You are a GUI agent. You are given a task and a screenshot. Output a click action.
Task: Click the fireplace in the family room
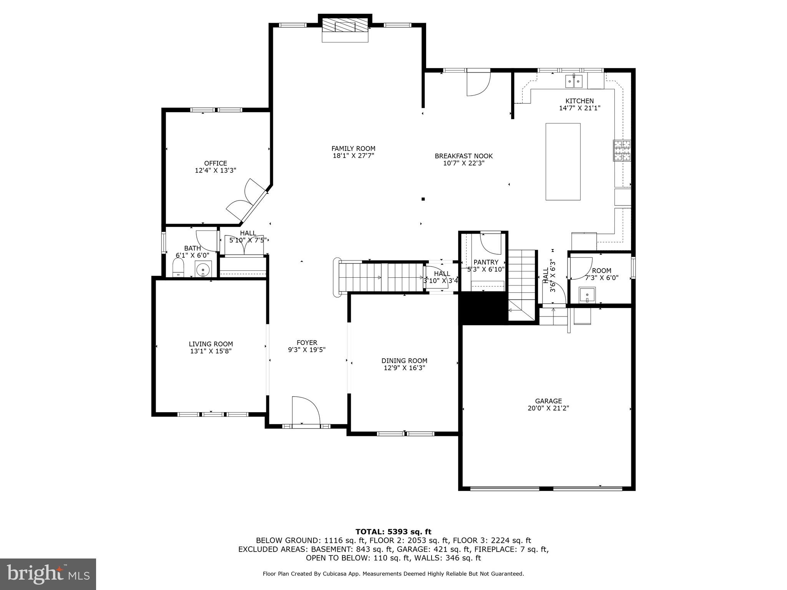tap(345, 27)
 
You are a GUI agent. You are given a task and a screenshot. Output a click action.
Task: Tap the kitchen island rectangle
tap(563, 162)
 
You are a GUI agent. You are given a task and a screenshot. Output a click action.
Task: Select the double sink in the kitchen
tap(574, 81)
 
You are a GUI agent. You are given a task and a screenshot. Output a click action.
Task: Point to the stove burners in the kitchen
tap(621, 151)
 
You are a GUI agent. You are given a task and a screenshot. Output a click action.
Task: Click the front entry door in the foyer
tap(306, 412)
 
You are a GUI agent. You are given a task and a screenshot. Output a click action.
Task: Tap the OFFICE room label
tap(215, 163)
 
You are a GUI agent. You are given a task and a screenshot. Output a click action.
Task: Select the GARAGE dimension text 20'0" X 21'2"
tap(548, 408)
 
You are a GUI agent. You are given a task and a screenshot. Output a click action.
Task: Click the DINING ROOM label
tap(404, 361)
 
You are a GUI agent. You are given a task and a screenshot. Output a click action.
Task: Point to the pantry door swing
tap(491, 244)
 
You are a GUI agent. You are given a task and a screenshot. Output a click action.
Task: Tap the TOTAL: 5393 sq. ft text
tap(393, 532)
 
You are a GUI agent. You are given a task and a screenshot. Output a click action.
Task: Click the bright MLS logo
tap(48, 574)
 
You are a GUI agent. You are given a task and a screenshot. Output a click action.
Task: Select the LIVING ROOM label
tap(211, 344)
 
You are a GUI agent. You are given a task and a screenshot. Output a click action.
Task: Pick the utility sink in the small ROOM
tap(587, 296)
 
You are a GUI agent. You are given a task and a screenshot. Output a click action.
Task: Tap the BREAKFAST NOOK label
tap(463, 156)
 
